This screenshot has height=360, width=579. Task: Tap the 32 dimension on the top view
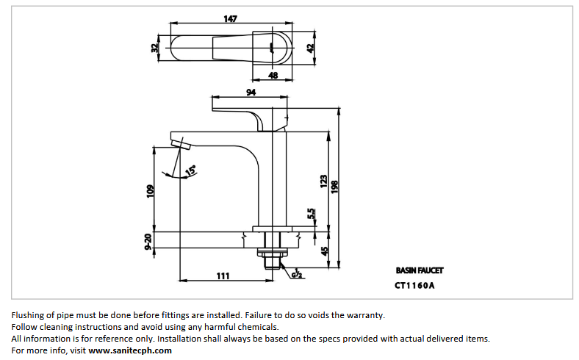154,48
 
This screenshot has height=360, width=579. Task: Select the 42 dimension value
311,47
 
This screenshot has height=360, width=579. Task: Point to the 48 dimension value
272,75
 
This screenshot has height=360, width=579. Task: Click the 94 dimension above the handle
251,93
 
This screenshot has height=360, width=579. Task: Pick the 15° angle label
190,170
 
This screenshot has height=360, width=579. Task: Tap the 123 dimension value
323,181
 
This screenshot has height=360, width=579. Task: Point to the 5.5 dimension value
312,214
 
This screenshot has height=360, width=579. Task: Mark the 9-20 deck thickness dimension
148,242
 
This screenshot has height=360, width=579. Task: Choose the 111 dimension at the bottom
223,276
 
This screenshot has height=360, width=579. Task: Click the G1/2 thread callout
298,275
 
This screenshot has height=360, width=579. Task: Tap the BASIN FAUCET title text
420,270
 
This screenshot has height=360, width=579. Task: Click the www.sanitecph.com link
130,350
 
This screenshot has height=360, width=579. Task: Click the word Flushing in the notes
29,314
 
